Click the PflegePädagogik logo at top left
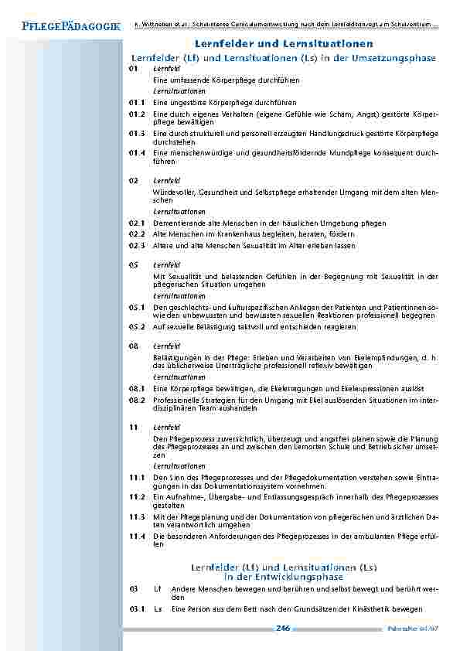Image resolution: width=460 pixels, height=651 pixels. coord(61,26)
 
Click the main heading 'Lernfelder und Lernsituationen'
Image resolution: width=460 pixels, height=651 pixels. coord(284,45)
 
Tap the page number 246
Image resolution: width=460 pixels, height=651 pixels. coord(282,629)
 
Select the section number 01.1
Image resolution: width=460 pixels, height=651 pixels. coord(138,102)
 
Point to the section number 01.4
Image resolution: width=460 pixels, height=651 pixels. coord(138,152)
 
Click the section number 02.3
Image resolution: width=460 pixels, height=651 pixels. coord(138,245)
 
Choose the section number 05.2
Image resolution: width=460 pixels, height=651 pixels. coord(138,327)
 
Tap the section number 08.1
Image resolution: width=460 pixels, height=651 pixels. coord(138,387)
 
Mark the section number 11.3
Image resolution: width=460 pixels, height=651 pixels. coord(138,516)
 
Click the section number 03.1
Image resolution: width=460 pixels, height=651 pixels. coord(138,609)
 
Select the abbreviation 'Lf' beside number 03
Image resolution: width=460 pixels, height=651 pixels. coord(158,589)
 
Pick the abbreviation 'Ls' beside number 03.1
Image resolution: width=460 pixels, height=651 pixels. coord(158,609)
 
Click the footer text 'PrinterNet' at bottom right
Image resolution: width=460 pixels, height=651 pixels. coord(410,630)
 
